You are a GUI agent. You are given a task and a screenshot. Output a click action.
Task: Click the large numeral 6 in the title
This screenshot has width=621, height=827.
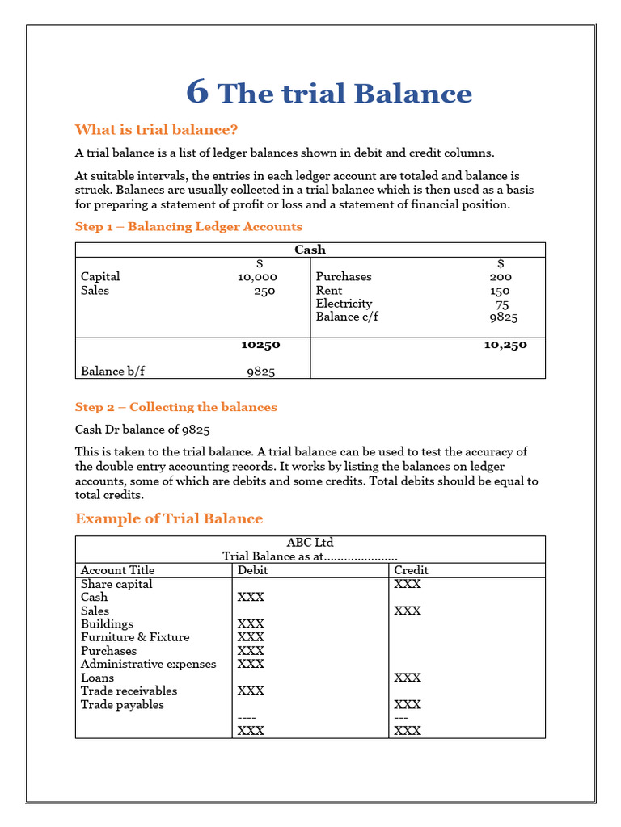(197, 93)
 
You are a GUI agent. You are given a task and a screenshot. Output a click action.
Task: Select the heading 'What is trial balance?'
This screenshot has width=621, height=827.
(156, 130)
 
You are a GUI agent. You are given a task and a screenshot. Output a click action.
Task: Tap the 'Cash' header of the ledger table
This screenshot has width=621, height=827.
(310, 250)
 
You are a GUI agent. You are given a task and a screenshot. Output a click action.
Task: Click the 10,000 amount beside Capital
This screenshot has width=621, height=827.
(257, 277)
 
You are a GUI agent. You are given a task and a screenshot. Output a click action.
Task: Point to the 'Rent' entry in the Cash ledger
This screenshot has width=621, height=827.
(329, 291)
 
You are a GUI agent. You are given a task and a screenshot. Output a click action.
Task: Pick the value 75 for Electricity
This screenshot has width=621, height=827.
(501, 304)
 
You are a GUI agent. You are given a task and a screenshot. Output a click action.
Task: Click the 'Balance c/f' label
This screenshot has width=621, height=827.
(347, 317)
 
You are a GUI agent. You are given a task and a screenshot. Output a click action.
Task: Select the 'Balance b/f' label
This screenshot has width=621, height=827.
(112, 372)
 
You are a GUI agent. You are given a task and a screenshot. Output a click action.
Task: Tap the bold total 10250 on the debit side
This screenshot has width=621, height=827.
(260, 345)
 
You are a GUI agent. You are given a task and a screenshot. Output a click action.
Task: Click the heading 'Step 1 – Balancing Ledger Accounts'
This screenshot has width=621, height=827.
(188, 227)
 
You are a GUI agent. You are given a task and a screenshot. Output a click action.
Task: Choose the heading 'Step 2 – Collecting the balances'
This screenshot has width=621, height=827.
(175, 407)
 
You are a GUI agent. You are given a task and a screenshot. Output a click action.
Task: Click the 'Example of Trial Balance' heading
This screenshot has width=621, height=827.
(168, 518)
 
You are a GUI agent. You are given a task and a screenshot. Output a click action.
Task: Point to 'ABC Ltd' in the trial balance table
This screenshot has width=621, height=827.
(310, 543)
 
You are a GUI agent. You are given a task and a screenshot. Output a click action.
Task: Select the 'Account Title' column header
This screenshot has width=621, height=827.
(117, 570)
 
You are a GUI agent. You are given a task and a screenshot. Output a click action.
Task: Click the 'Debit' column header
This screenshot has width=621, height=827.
(252, 570)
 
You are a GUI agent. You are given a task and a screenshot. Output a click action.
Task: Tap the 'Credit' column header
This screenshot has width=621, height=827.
(411, 570)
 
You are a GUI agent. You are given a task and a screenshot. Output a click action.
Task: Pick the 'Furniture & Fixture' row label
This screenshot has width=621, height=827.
(135, 637)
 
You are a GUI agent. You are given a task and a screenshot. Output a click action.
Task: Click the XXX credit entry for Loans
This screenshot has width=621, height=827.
(408, 678)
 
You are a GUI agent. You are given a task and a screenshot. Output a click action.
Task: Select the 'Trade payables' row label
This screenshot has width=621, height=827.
(122, 704)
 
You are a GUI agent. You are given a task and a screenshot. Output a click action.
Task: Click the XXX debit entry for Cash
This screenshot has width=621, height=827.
(251, 598)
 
